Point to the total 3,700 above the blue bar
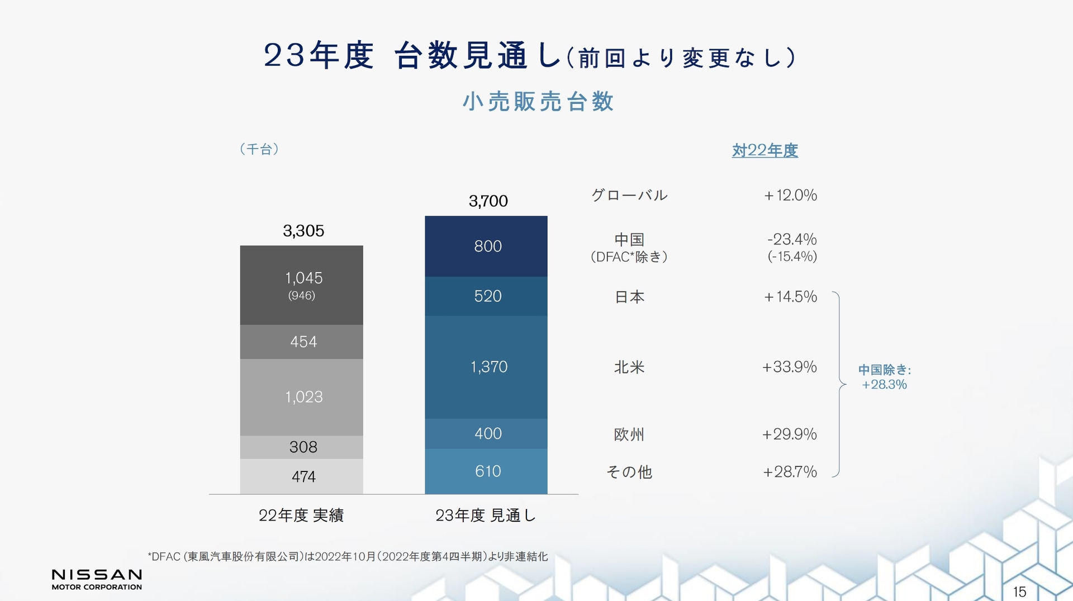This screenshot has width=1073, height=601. [488, 201]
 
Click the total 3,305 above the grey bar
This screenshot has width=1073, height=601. [303, 231]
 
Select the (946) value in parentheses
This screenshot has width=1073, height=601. [301, 295]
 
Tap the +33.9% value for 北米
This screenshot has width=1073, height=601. [789, 367]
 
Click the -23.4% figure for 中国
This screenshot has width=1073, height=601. [791, 240]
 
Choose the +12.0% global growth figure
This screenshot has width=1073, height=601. [790, 195]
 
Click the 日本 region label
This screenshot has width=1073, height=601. [629, 297]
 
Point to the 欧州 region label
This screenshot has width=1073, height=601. [629, 435]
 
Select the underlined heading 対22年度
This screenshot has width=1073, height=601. [765, 150]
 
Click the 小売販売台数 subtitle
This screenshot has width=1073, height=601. [538, 102]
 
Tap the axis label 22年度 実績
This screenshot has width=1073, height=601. [301, 515]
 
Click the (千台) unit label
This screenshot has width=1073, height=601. [259, 149]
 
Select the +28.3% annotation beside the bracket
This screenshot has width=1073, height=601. [884, 384]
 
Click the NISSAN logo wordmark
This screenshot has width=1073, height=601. [97, 575]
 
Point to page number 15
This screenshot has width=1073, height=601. [1019, 592]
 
